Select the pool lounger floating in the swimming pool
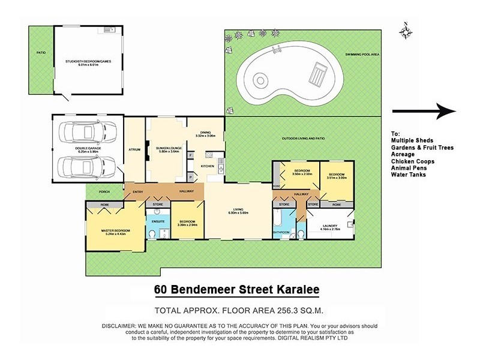(x=316, y=75)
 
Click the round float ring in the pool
(x=260, y=79)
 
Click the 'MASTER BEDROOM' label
(x=115, y=230)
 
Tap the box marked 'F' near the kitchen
(x=191, y=155)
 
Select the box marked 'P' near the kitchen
(x=191, y=178)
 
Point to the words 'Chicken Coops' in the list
(x=412, y=161)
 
